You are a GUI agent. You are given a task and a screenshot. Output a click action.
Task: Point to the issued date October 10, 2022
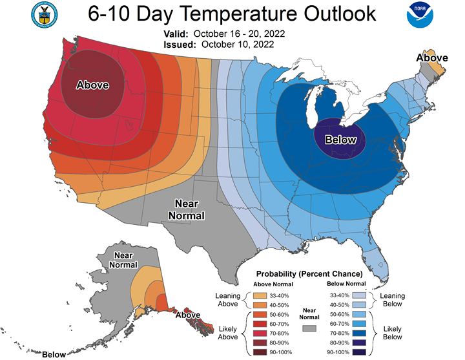[x=237, y=45]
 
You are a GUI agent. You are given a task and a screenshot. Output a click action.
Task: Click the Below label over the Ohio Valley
[x=340, y=140]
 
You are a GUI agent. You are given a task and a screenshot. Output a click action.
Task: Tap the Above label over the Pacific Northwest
[x=92, y=85]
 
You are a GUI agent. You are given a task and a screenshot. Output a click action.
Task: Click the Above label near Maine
[x=432, y=58]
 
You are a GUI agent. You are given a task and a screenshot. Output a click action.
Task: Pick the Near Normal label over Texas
[x=189, y=209]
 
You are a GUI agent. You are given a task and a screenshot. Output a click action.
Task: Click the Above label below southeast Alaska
[x=187, y=315]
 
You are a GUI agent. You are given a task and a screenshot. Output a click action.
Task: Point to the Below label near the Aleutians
[x=54, y=354]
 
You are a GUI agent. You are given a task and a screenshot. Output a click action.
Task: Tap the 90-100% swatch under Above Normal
[x=255, y=352]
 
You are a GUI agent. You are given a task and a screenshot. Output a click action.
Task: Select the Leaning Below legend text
[x=392, y=300]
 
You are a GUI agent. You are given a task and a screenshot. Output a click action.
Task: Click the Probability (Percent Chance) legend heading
[x=309, y=274]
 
